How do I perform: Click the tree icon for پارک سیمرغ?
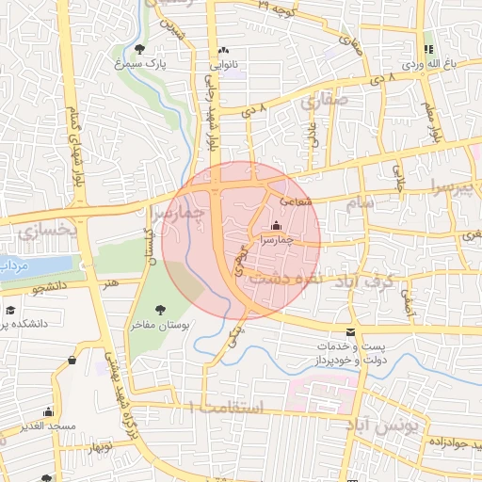(140, 49)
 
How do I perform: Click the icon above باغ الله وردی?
(428, 49)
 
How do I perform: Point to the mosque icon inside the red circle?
(275, 225)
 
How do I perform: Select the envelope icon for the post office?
(350, 332)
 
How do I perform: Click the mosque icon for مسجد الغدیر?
(48, 411)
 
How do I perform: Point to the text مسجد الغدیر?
(48, 426)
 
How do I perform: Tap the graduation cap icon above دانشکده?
(11, 309)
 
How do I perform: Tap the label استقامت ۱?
(227, 407)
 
